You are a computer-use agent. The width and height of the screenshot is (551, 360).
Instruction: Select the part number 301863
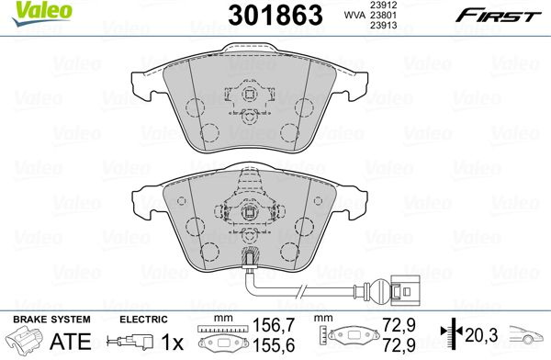[x=275, y=15]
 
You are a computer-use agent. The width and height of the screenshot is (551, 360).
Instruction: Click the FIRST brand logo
[x=498, y=16]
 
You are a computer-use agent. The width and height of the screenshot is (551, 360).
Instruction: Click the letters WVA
[x=354, y=15]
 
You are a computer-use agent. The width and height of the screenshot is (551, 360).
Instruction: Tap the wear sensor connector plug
[x=405, y=290]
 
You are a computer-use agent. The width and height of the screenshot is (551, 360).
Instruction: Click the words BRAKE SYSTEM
[x=51, y=320]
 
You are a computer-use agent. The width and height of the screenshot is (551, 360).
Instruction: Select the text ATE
[x=71, y=341]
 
